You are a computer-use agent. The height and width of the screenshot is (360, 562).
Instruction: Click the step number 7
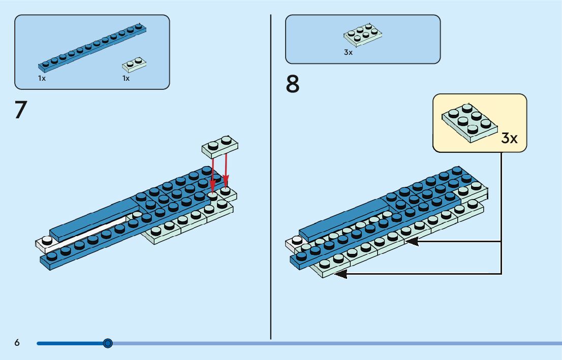21,110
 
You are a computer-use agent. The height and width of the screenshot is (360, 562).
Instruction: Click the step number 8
293,84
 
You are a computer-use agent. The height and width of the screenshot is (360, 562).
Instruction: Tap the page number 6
17,342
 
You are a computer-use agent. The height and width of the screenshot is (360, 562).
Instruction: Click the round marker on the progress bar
108,343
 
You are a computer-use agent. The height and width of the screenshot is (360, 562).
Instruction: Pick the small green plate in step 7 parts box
135,65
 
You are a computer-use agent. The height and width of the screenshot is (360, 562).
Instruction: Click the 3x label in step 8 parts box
348,52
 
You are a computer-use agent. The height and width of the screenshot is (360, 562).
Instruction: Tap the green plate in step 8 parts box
363,35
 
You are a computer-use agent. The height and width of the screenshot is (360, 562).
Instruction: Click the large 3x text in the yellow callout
509,138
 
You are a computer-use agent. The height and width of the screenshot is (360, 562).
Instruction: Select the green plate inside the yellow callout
470,123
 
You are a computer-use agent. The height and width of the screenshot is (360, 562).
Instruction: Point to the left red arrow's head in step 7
212,187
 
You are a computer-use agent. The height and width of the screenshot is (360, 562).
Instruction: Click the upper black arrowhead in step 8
412,241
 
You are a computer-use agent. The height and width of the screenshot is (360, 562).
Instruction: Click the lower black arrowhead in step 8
340,274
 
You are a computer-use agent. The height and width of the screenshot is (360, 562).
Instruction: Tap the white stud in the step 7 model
47,240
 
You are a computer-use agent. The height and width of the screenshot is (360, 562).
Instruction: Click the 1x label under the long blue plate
42,78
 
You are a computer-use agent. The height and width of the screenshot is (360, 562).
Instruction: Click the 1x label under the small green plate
126,78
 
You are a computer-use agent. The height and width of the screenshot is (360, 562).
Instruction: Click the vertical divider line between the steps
271,177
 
